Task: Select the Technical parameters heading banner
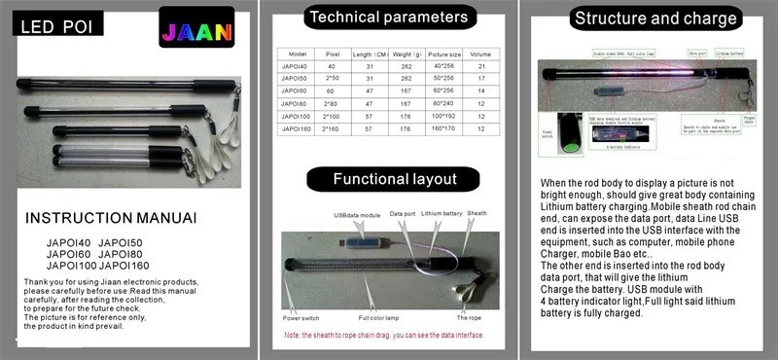pos(387,17)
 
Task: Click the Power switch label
pos(303,317)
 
